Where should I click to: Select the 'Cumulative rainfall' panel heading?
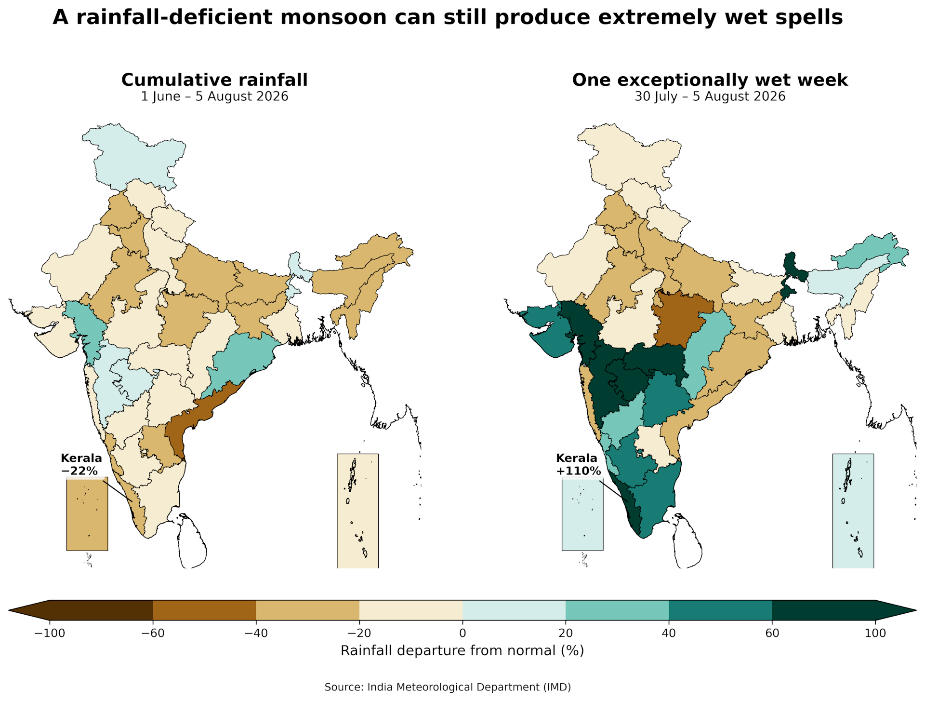[x=214, y=80]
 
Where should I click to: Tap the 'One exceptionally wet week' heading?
[x=710, y=80]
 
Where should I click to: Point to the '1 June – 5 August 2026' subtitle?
[x=214, y=96]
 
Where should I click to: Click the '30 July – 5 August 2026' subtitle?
[x=710, y=96]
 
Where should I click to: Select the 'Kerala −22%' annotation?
[x=81, y=464]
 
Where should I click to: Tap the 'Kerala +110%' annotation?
[x=578, y=464]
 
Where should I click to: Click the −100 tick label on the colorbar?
[x=49, y=633]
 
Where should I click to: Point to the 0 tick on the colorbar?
[x=462, y=633]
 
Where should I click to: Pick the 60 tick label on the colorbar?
[x=772, y=633]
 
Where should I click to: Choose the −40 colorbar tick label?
[x=256, y=633]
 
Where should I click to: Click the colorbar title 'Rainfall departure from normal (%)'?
[x=462, y=651]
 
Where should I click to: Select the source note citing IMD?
[x=448, y=687]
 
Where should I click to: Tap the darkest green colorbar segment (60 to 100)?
[x=824, y=610]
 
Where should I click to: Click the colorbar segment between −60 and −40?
[x=204, y=610]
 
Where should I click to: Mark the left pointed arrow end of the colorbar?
[x=10, y=610]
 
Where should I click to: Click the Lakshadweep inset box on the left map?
[x=87, y=514]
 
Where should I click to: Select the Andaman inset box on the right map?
[x=853, y=511]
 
